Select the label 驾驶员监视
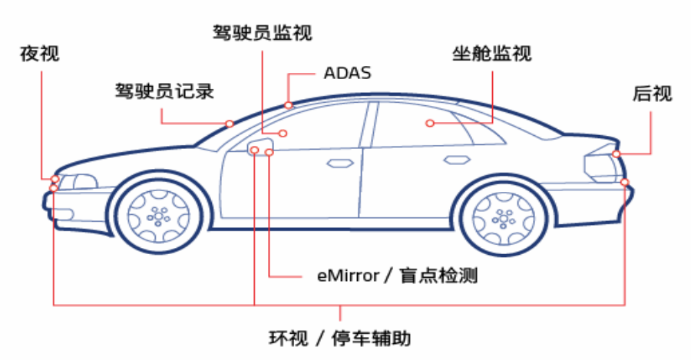263,32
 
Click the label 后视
652,94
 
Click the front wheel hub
159,215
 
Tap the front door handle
338,162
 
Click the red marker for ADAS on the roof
289,105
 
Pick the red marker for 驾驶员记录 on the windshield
229,124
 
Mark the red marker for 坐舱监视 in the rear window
430,123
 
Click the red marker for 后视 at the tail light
616,154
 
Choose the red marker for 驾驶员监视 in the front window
283,134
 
